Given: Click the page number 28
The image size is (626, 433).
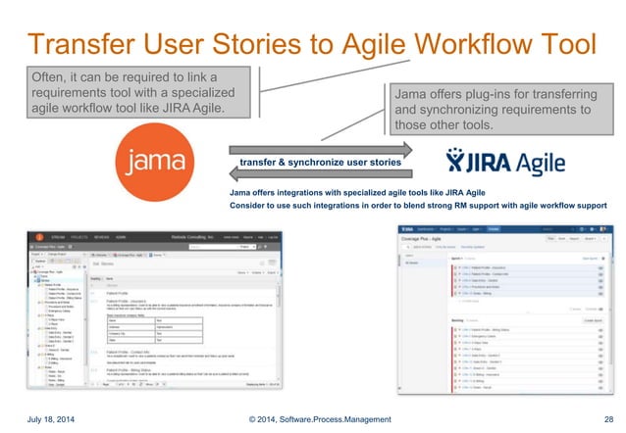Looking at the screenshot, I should [608, 419].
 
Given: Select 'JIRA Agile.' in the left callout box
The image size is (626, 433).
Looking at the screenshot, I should [195, 107].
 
